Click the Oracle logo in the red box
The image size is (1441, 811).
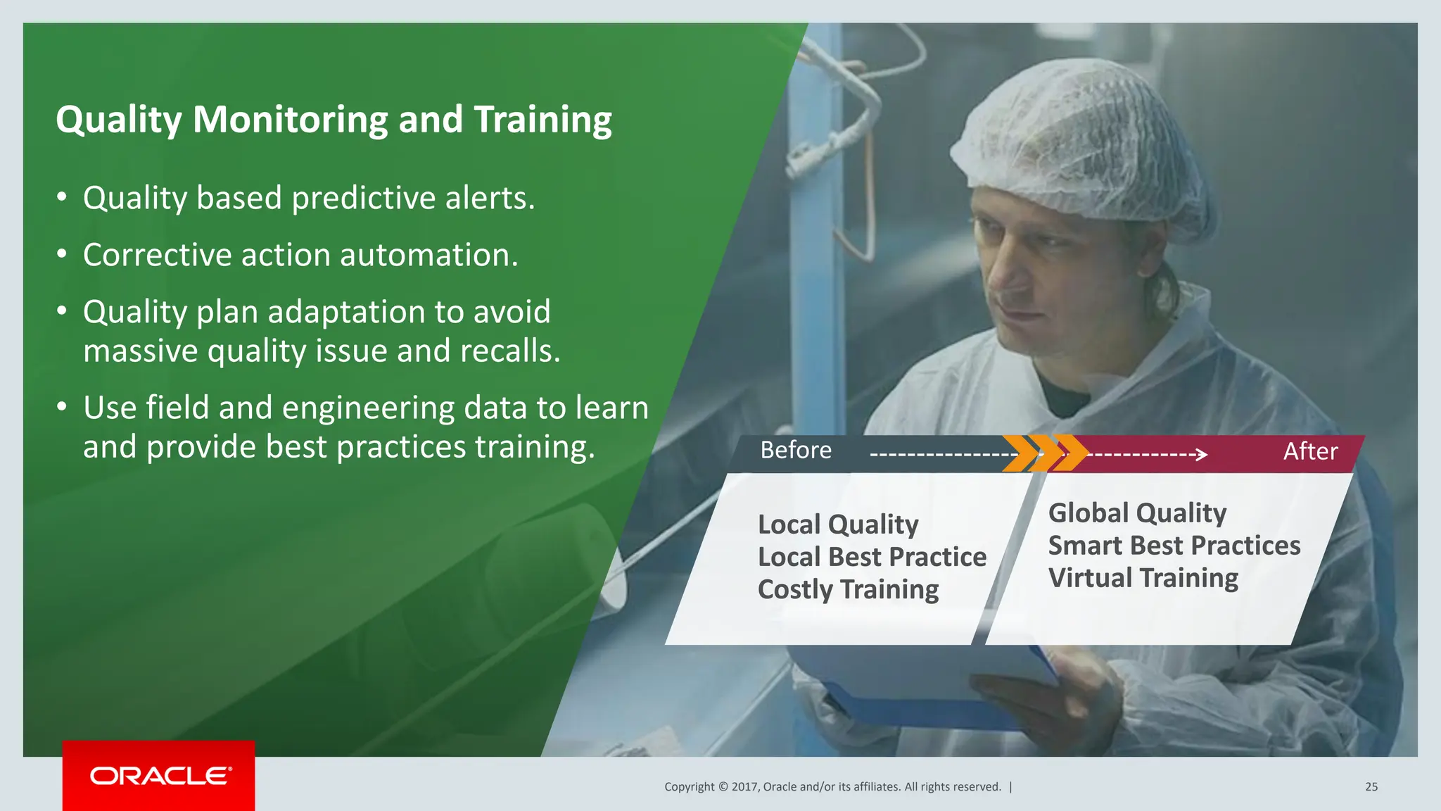[160, 776]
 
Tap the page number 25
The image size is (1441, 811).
[1371, 787]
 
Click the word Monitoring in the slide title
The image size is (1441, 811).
[289, 120]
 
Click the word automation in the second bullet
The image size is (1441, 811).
[429, 255]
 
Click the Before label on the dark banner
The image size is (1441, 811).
[795, 451]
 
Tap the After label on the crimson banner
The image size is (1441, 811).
[1309, 451]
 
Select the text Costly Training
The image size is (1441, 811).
[848, 589]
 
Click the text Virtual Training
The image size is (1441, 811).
[1143, 578]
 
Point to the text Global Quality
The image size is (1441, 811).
[1137, 513]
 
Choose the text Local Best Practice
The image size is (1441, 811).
[872, 557]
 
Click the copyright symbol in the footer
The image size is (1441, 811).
[723, 787]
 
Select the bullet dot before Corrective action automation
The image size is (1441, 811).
[62, 253]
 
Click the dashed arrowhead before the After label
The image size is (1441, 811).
[1202, 455]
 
